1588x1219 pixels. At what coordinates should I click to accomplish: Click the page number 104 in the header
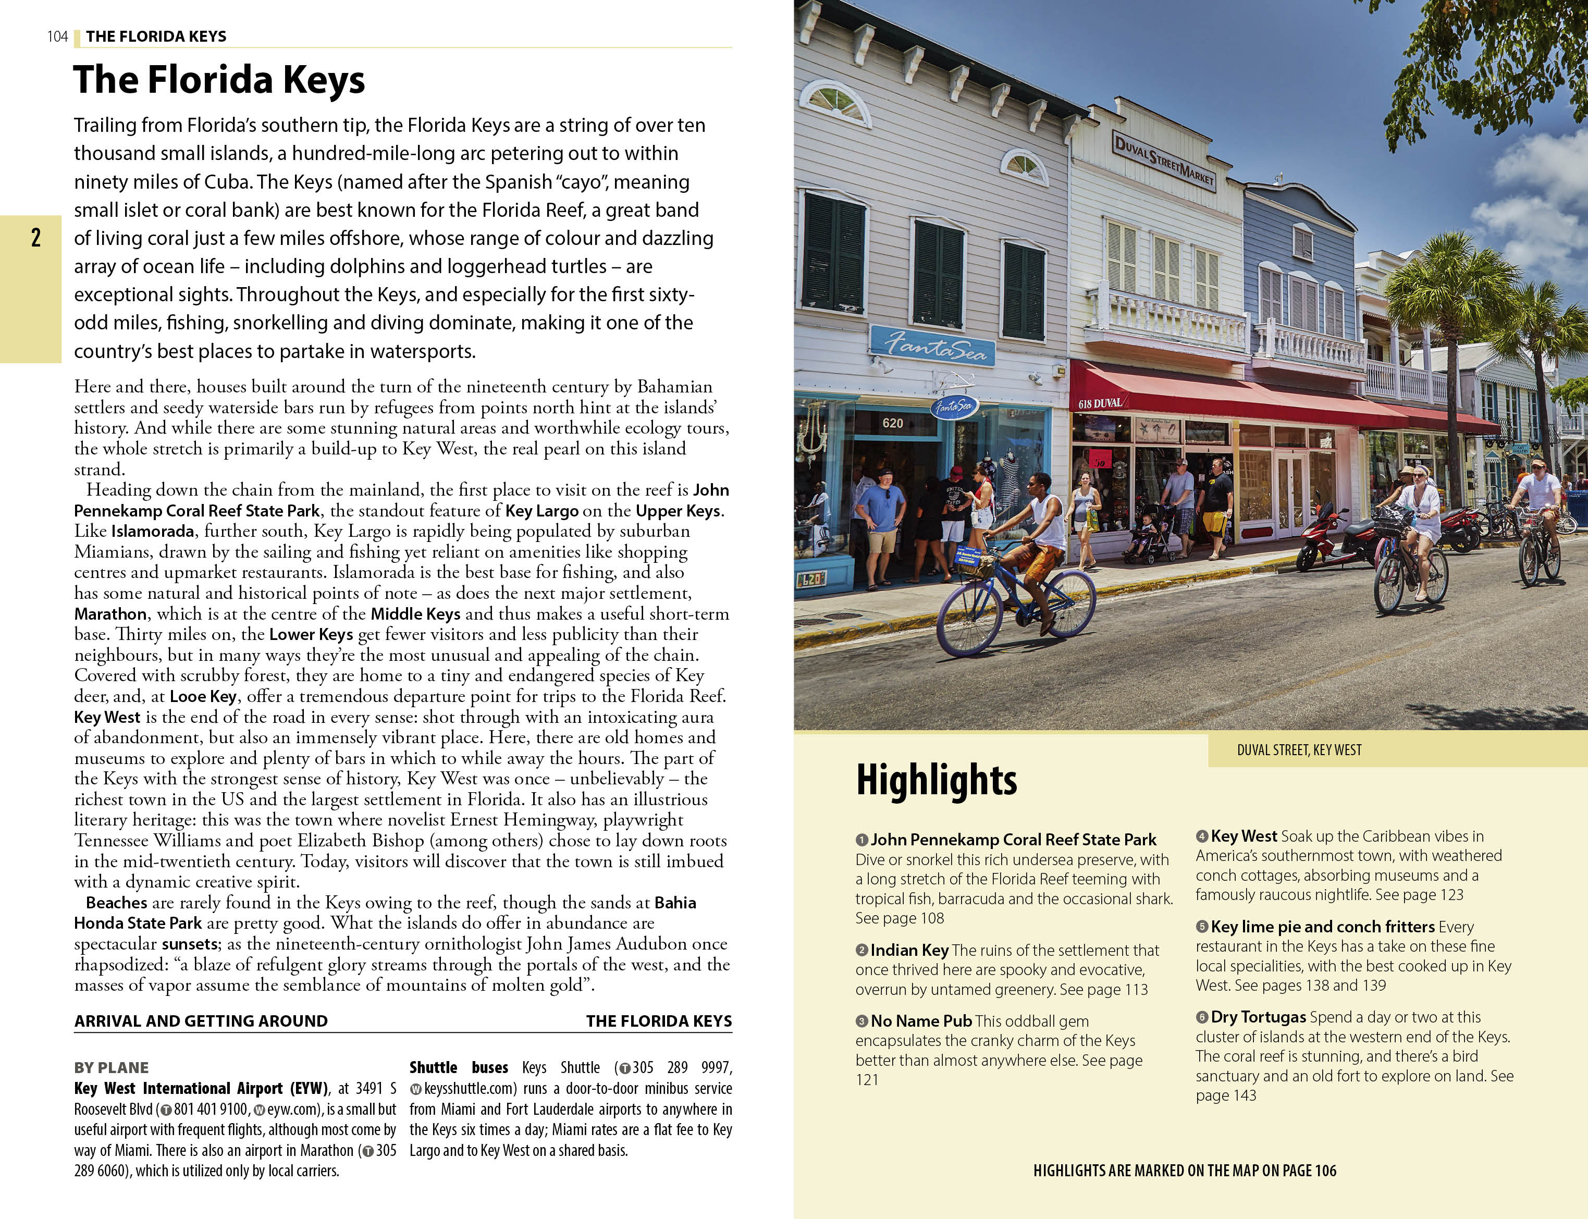[x=57, y=36]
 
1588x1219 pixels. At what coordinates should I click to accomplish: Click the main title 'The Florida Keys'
[x=218, y=79]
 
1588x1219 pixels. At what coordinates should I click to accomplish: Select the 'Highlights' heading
[x=936, y=780]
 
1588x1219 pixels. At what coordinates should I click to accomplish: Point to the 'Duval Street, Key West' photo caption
[x=1299, y=749]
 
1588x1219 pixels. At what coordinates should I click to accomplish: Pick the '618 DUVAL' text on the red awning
[x=1100, y=403]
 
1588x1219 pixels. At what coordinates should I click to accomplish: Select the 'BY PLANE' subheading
[x=111, y=1067]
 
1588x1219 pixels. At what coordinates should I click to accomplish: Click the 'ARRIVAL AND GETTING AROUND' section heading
[x=201, y=1021]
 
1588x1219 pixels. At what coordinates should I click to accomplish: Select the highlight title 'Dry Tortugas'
[x=1258, y=1017]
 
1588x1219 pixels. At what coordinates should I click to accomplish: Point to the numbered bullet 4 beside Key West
[x=1202, y=836]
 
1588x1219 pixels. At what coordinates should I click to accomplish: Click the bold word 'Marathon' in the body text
[x=110, y=614]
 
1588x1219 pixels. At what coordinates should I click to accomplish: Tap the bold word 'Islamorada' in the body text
[x=152, y=531]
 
